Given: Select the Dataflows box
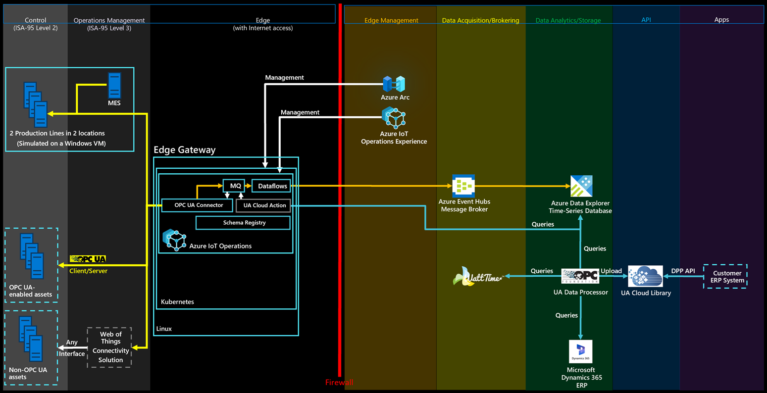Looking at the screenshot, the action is tap(271, 186).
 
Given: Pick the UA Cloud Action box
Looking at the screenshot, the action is tap(263, 205).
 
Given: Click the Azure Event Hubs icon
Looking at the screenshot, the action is tap(463, 186).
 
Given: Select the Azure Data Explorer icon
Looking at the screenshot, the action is tap(581, 186).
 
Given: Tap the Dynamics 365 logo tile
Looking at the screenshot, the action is tap(580, 351).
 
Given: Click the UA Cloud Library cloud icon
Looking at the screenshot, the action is tap(645, 276).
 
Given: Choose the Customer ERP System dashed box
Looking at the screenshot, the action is tap(725, 277).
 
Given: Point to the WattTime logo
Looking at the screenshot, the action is tap(478, 277).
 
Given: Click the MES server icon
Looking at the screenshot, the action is tap(114, 85).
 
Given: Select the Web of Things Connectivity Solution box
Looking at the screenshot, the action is tap(109, 347).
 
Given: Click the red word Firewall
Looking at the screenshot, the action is tap(339, 383).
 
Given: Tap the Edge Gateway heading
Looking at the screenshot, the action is tap(185, 150).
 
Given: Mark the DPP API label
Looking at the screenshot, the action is tap(683, 271).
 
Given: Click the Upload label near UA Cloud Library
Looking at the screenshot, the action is tap(611, 271).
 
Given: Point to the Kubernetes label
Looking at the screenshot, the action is tap(177, 301).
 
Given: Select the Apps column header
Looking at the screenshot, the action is tap(721, 20).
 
